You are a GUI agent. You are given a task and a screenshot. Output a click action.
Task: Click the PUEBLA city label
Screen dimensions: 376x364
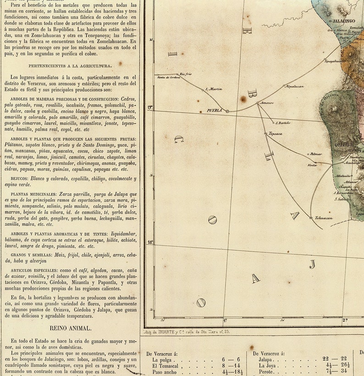(x=214, y=111)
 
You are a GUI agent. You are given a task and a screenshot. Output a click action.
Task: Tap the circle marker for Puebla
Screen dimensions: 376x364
(x=227, y=111)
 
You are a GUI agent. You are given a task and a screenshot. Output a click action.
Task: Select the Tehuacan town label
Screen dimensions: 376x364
(x=324, y=218)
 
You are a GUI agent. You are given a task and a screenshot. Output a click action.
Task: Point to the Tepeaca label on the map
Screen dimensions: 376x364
(x=276, y=134)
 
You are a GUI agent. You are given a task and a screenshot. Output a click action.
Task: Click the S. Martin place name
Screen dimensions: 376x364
(x=214, y=89)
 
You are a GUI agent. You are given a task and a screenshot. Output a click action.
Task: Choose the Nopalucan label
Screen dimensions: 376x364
(x=294, y=86)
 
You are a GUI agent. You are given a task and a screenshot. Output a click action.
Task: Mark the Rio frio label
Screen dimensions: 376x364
(x=185, y=74)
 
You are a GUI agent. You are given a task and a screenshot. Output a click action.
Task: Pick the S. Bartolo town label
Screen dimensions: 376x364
(x=283, y=123)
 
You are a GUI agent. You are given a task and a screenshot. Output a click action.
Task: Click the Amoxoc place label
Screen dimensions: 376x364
(x=266, y=103)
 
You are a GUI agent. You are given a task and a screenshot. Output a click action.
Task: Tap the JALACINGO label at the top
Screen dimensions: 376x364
(x=344, y=21)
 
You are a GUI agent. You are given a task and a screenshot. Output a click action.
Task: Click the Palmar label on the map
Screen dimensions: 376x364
(x=316, y=154)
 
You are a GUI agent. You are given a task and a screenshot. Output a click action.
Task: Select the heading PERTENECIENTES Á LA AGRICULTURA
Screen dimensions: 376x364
(x=70, y=66)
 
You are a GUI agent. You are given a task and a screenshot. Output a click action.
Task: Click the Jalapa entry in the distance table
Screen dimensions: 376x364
(x=266, y=360)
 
